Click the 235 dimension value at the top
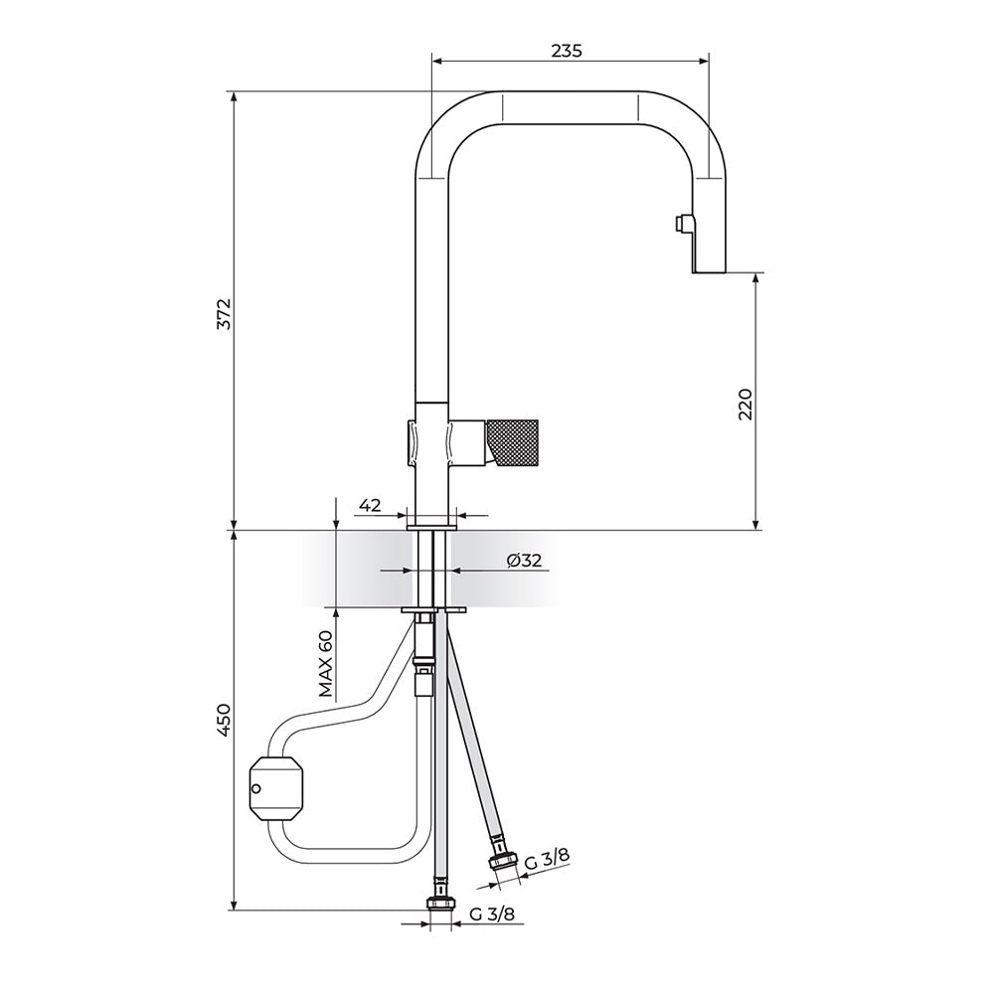pyautogui.click(x=567, y=52)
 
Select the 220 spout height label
pyautogui.click(x=745, y=404)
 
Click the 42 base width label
pyautogui.click(x=370, y=505)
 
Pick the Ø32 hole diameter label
pyautogui.click(x=524, y=561)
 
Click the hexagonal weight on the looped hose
pyautogui.click(x=277, y=788)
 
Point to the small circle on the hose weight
pyautogui.click(x=256, y=788)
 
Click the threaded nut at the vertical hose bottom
pyautogui.click(x=440, y=904)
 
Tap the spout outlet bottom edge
pyautogui.click(x=708, y=273)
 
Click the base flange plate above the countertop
pyautogui.click(x=431, y=527)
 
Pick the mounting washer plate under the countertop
pyautogui.click(x=433, y=610)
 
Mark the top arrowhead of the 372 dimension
pyautogui.click(x=235, y=97)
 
